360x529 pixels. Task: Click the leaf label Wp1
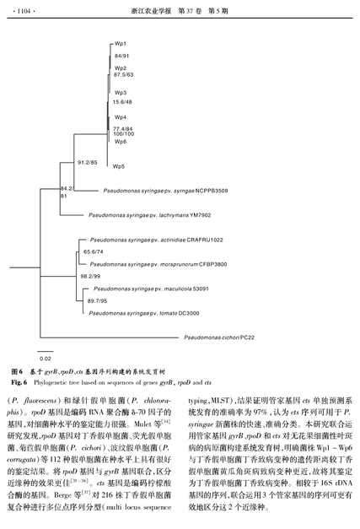(121, 44)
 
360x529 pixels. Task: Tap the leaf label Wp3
(121, 93)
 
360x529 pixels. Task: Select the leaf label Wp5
(119, 166)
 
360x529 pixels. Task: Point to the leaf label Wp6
(121, 142)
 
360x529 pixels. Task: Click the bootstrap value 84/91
(121, 56)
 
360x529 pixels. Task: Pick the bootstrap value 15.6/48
(122, 102)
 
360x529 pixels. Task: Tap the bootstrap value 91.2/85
(88, 163)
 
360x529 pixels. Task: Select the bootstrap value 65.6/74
(94, 251)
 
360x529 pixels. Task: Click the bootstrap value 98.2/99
(90, 276)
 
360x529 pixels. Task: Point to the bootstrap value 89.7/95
(98, 301)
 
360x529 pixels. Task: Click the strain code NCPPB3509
(212, 191)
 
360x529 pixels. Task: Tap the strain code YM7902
(200, 215)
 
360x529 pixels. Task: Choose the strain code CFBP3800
(213, 265)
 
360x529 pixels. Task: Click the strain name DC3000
(189, 313)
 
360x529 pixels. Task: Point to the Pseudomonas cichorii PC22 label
(219, 337)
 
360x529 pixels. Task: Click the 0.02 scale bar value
(46, 359)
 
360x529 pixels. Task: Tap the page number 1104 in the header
(24, 11)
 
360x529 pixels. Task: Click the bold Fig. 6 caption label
(19, 382)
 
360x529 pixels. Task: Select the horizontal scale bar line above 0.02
(46, 352)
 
